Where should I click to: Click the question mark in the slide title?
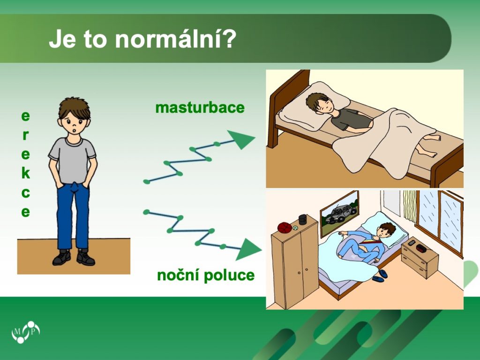click(x=228, y=39)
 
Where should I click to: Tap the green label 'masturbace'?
click(x=200, y=108)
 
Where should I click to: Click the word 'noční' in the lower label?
click(x=179, y=275)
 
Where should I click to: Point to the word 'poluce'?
click(x=229, y=275)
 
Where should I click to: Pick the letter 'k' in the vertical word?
click(x=26, y=173)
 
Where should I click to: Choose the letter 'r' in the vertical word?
click(x=26, y=135)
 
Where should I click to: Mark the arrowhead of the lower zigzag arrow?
click(x=248, y=249)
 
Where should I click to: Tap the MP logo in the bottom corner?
click(x=26, y=332)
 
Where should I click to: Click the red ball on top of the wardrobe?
click(x=285, y=228)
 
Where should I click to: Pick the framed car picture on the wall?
click(x=339, y=213)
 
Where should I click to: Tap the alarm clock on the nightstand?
click(x=421, y=248)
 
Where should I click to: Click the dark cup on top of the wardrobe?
click(x=303, y=219)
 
